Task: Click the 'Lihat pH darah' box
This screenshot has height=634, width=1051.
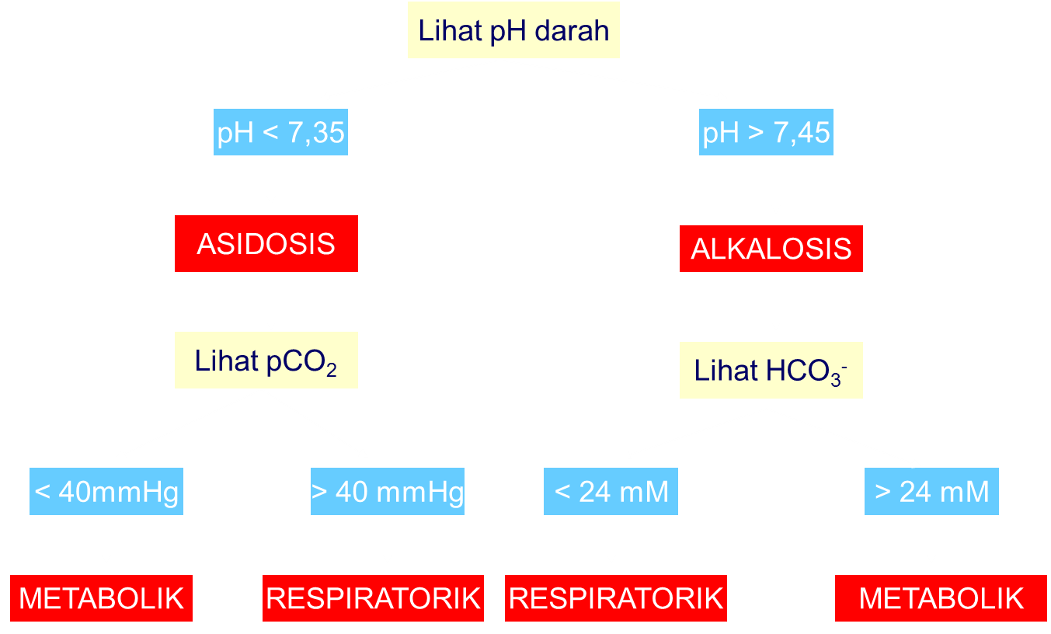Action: pyautogui.click(x=513, y=31)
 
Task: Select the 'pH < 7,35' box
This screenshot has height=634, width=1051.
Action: pyautogui.click(x=280, y=133)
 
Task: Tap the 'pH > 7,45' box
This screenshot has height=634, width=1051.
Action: pyautogui.click(x=766, y=133)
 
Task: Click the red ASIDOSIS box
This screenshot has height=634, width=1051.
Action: pyautogui.click(x=266, y=243)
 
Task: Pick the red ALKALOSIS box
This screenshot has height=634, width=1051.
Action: pyautogui.click(x=771, y=249)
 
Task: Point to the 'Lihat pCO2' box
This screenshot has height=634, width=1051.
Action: pyautogui.click(x=266, y=361)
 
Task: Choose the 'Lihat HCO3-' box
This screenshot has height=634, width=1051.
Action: pyautogui.click(x=771, y=371)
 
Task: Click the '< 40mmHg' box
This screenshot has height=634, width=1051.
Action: pyautogui.click(x=106, y=492)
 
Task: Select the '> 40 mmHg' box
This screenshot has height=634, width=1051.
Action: pyautogui.click(x=387, y=492)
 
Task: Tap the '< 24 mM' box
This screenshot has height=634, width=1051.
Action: pyautogui.click(x=611, y=492)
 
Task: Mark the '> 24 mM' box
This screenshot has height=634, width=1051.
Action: pyautogui.click(x=931, y=492)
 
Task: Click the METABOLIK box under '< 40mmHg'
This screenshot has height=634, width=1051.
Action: pyautogui.click(x=101, y=598)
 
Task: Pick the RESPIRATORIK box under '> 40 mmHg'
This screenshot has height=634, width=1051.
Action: pyautogui.click(x=373, y=598)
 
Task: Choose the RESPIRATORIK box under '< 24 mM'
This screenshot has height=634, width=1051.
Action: pyautogui.click(x=616, y=598)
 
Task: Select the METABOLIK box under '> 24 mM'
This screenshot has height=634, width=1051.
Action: pyautogui.click(x=941, y=598)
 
